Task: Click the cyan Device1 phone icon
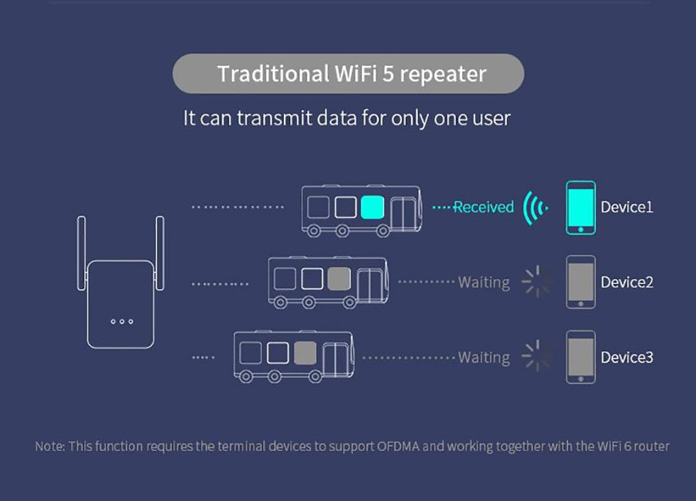tap(580, 207)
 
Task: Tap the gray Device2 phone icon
tap(580, 282)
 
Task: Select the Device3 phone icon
tap(580, 357)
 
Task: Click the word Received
tap(483, 207)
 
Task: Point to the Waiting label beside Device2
tap(484, 282)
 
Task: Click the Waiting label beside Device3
tap(484, 357)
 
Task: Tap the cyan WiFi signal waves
tap(536, 207)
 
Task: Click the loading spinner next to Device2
tap(537, 282)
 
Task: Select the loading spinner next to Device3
tap(537, 356)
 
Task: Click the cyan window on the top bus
tap(372, 207)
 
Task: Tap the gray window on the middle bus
tap(338, 278)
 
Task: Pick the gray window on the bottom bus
tap(305, 353)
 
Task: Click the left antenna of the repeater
tap(81, 253)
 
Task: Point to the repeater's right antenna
tap(159, 253)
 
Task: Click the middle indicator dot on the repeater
tap(121, 321)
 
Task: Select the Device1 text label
tap(626, 207)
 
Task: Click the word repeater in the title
tap(443, 74)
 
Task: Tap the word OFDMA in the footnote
tap(398, 446)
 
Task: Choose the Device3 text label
tap(626, 357)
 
